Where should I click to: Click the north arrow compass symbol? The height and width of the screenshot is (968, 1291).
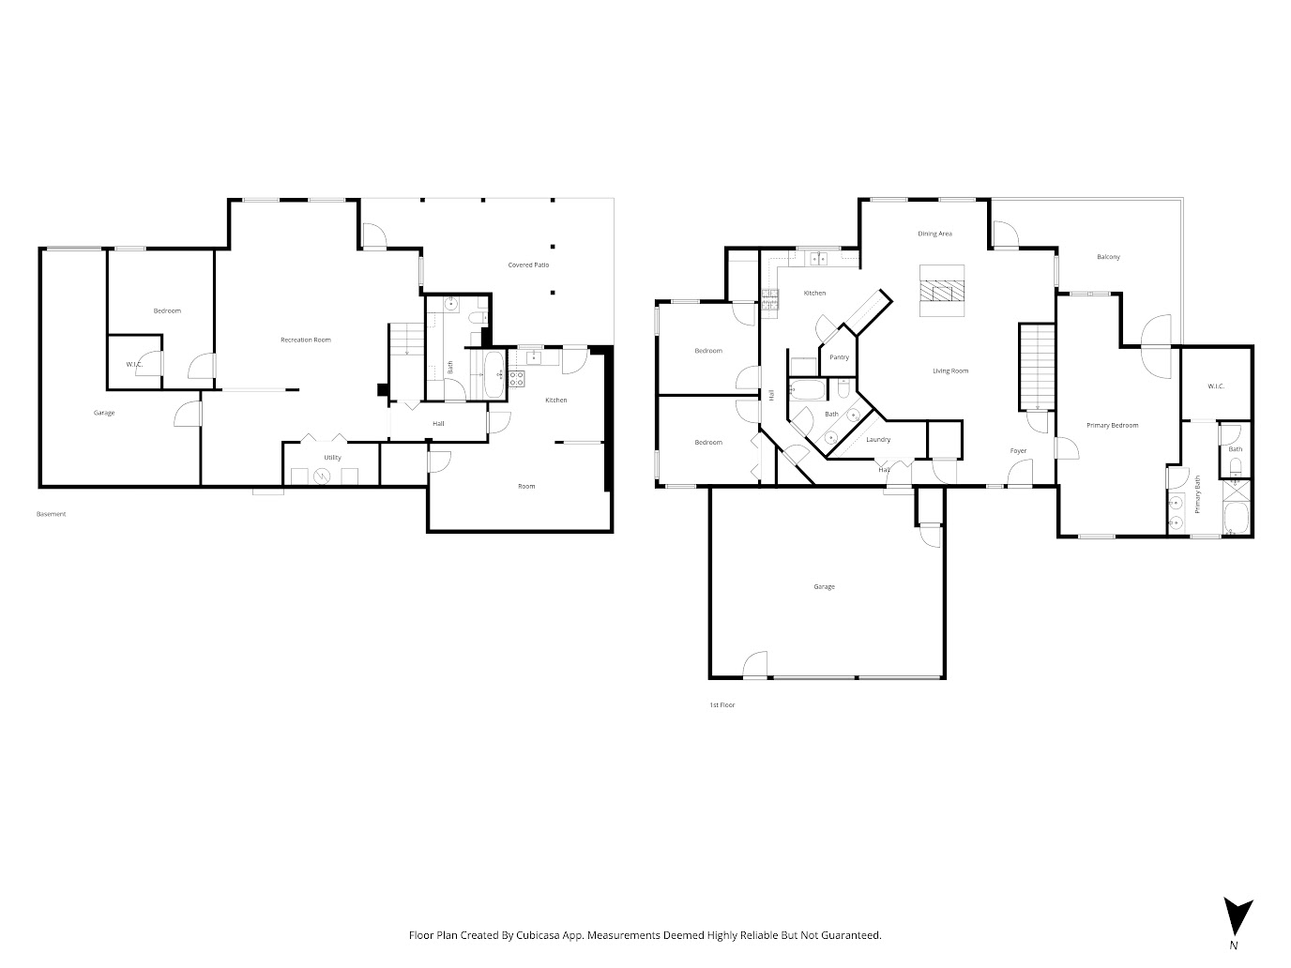point(1238,915)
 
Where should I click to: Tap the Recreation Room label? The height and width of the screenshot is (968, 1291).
point(305,340)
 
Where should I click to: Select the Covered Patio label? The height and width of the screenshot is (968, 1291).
point(528,265)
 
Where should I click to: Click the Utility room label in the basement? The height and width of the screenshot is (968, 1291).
point(332,458)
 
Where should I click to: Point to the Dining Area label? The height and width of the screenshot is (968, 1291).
point(934,234)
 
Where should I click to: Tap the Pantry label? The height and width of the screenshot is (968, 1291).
point(839,357)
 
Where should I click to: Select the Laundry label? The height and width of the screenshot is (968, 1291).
point(878,439)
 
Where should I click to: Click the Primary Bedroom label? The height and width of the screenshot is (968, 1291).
point(1112,425)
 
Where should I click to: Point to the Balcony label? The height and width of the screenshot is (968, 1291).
point(1108,257)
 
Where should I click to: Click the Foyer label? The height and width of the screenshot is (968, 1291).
point(1018,451)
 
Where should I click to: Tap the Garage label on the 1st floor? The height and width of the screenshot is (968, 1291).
point(824,587)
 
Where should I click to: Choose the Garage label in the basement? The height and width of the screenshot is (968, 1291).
point(104,413)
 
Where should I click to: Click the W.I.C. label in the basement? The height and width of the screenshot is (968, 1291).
point(134,364)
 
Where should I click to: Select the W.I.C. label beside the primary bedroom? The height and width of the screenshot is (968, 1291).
point(1216,386)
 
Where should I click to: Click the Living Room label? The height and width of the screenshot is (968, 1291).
point(950,371)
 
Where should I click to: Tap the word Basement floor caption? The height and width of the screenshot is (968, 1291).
point(52,514)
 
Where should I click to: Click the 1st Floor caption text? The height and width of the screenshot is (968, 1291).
point(721,704)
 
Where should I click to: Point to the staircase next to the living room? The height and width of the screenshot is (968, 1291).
point(1037,367)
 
